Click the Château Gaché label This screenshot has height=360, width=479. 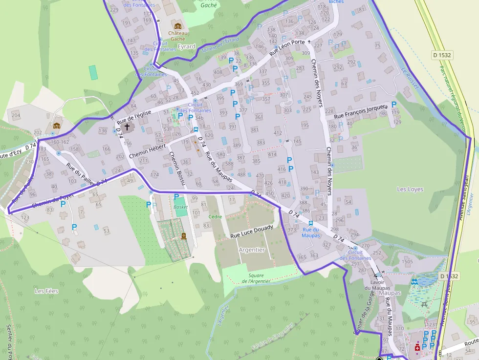177,36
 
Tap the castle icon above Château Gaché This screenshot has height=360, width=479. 177,25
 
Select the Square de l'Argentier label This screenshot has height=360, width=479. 256,278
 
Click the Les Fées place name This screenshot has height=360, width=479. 46,291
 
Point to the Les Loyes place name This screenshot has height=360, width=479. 410,189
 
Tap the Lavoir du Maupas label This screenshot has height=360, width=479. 377,285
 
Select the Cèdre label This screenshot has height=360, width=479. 215,216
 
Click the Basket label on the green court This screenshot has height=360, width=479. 180,207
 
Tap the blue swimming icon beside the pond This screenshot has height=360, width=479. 414,282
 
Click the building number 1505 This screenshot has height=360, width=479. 407,262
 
